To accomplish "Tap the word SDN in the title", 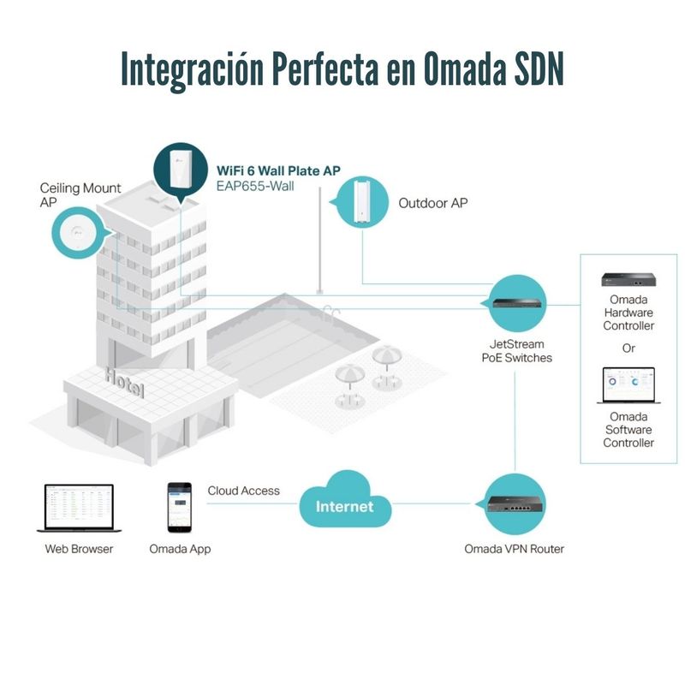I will click(x=536, y=69).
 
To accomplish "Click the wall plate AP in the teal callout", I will click(x=181, y=168).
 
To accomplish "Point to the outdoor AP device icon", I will click(x=363, y=204).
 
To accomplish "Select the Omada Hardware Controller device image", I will click(x=628, y=279).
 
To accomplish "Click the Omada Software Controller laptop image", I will click(x=628, y=385).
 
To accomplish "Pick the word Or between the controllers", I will click(x=628, y=348).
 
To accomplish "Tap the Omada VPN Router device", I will click(x=515, y=504).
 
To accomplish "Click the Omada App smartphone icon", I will click(x=180, y=505).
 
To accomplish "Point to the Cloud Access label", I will click(x=243, y=491).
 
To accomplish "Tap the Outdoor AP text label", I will click(x=433, y=204).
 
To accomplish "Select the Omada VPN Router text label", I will click(x=514, y=549).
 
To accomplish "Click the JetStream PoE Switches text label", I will click(x=515, y=351).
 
